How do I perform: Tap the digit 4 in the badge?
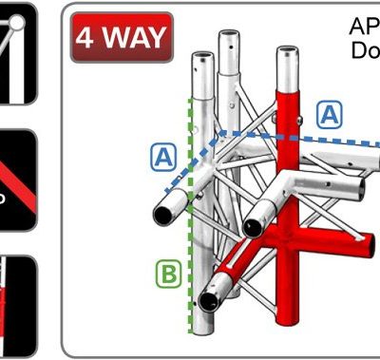pyautogui.click(x=88, y=39)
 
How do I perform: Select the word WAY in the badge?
pyautogui.click(x=133, y=39)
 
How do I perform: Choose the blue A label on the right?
pyautogui.click(x=330, y=114)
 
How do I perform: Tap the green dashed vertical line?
pyautogui.click(x=193, y=237)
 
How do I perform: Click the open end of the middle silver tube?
pyautogui.click(x=252, y=226)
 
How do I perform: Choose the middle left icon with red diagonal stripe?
pyautogui.click(x=16, y=180)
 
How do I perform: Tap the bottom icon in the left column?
pyautogui.click(x=16, y=304)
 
